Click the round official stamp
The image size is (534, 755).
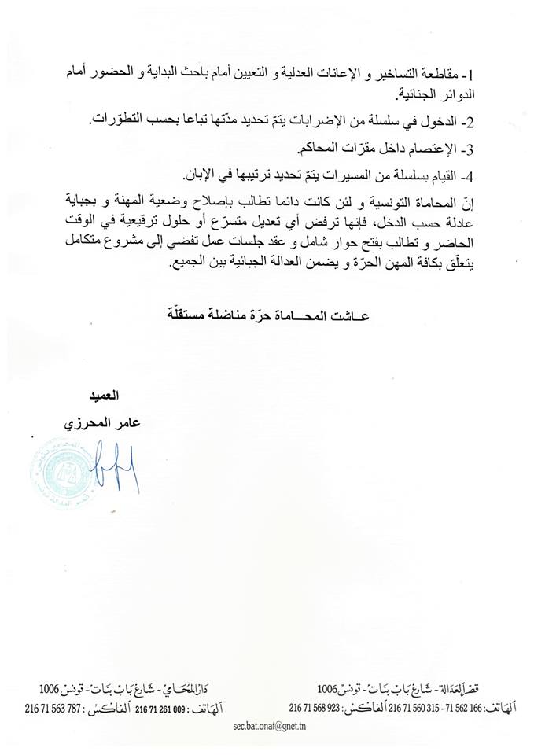pos(61,472)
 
